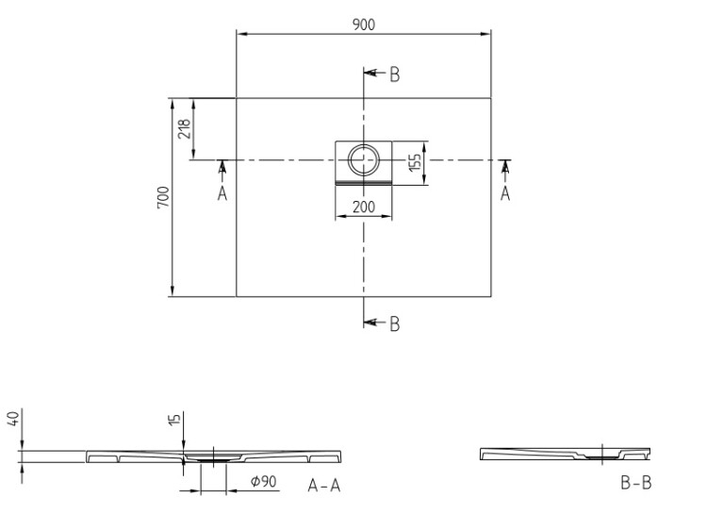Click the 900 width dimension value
364,25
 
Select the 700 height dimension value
163,197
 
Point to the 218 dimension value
185,129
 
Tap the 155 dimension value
415,162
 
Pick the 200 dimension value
364,207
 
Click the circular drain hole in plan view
364,159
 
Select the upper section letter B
395,75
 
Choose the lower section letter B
395,324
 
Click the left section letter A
222,193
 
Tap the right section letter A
505,193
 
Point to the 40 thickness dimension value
13,418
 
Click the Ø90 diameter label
264,481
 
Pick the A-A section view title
324,486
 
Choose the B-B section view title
635,483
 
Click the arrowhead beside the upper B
370,73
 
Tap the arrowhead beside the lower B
370,322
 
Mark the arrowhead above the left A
222,167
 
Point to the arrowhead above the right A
505,167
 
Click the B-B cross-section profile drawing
565,454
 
